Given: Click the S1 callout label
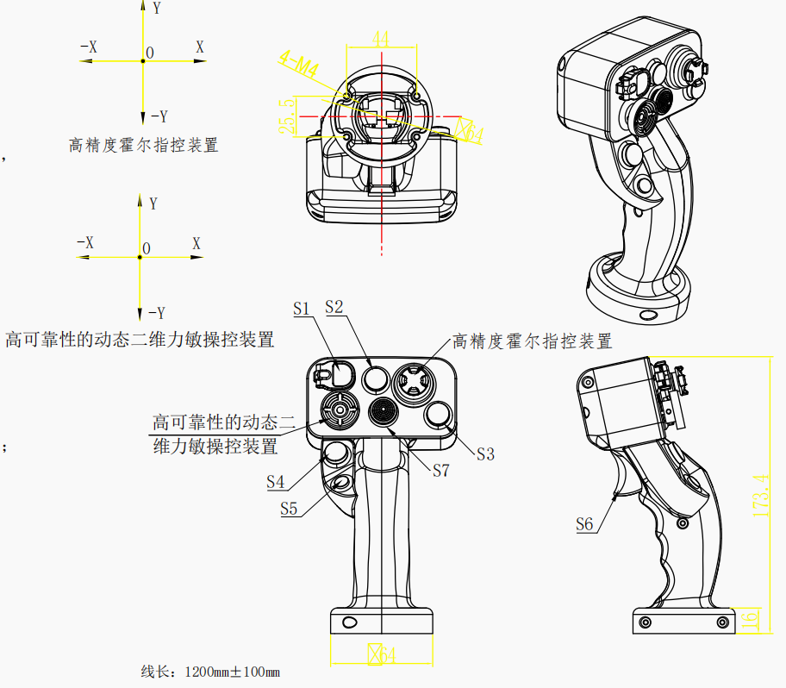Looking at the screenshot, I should coord(301,308).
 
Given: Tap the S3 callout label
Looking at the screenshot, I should coord(485,454).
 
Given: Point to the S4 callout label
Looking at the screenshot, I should coord(276,482).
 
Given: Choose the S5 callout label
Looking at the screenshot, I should coord(289,509).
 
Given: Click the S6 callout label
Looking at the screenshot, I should coord(584,523).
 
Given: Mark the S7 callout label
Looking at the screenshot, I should coord(441,470).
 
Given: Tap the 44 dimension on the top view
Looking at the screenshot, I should coord(381,39).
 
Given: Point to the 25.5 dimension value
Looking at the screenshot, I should coord(287,115).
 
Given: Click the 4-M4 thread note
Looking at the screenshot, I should coord(296,62).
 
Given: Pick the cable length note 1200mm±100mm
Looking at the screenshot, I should coord(210,671).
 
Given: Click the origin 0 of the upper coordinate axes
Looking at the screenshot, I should coord(150,53).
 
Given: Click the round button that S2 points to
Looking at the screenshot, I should coord(377,378).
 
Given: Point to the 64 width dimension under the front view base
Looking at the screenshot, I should coord(383,656).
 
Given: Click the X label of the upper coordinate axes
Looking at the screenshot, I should coord(200,47).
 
